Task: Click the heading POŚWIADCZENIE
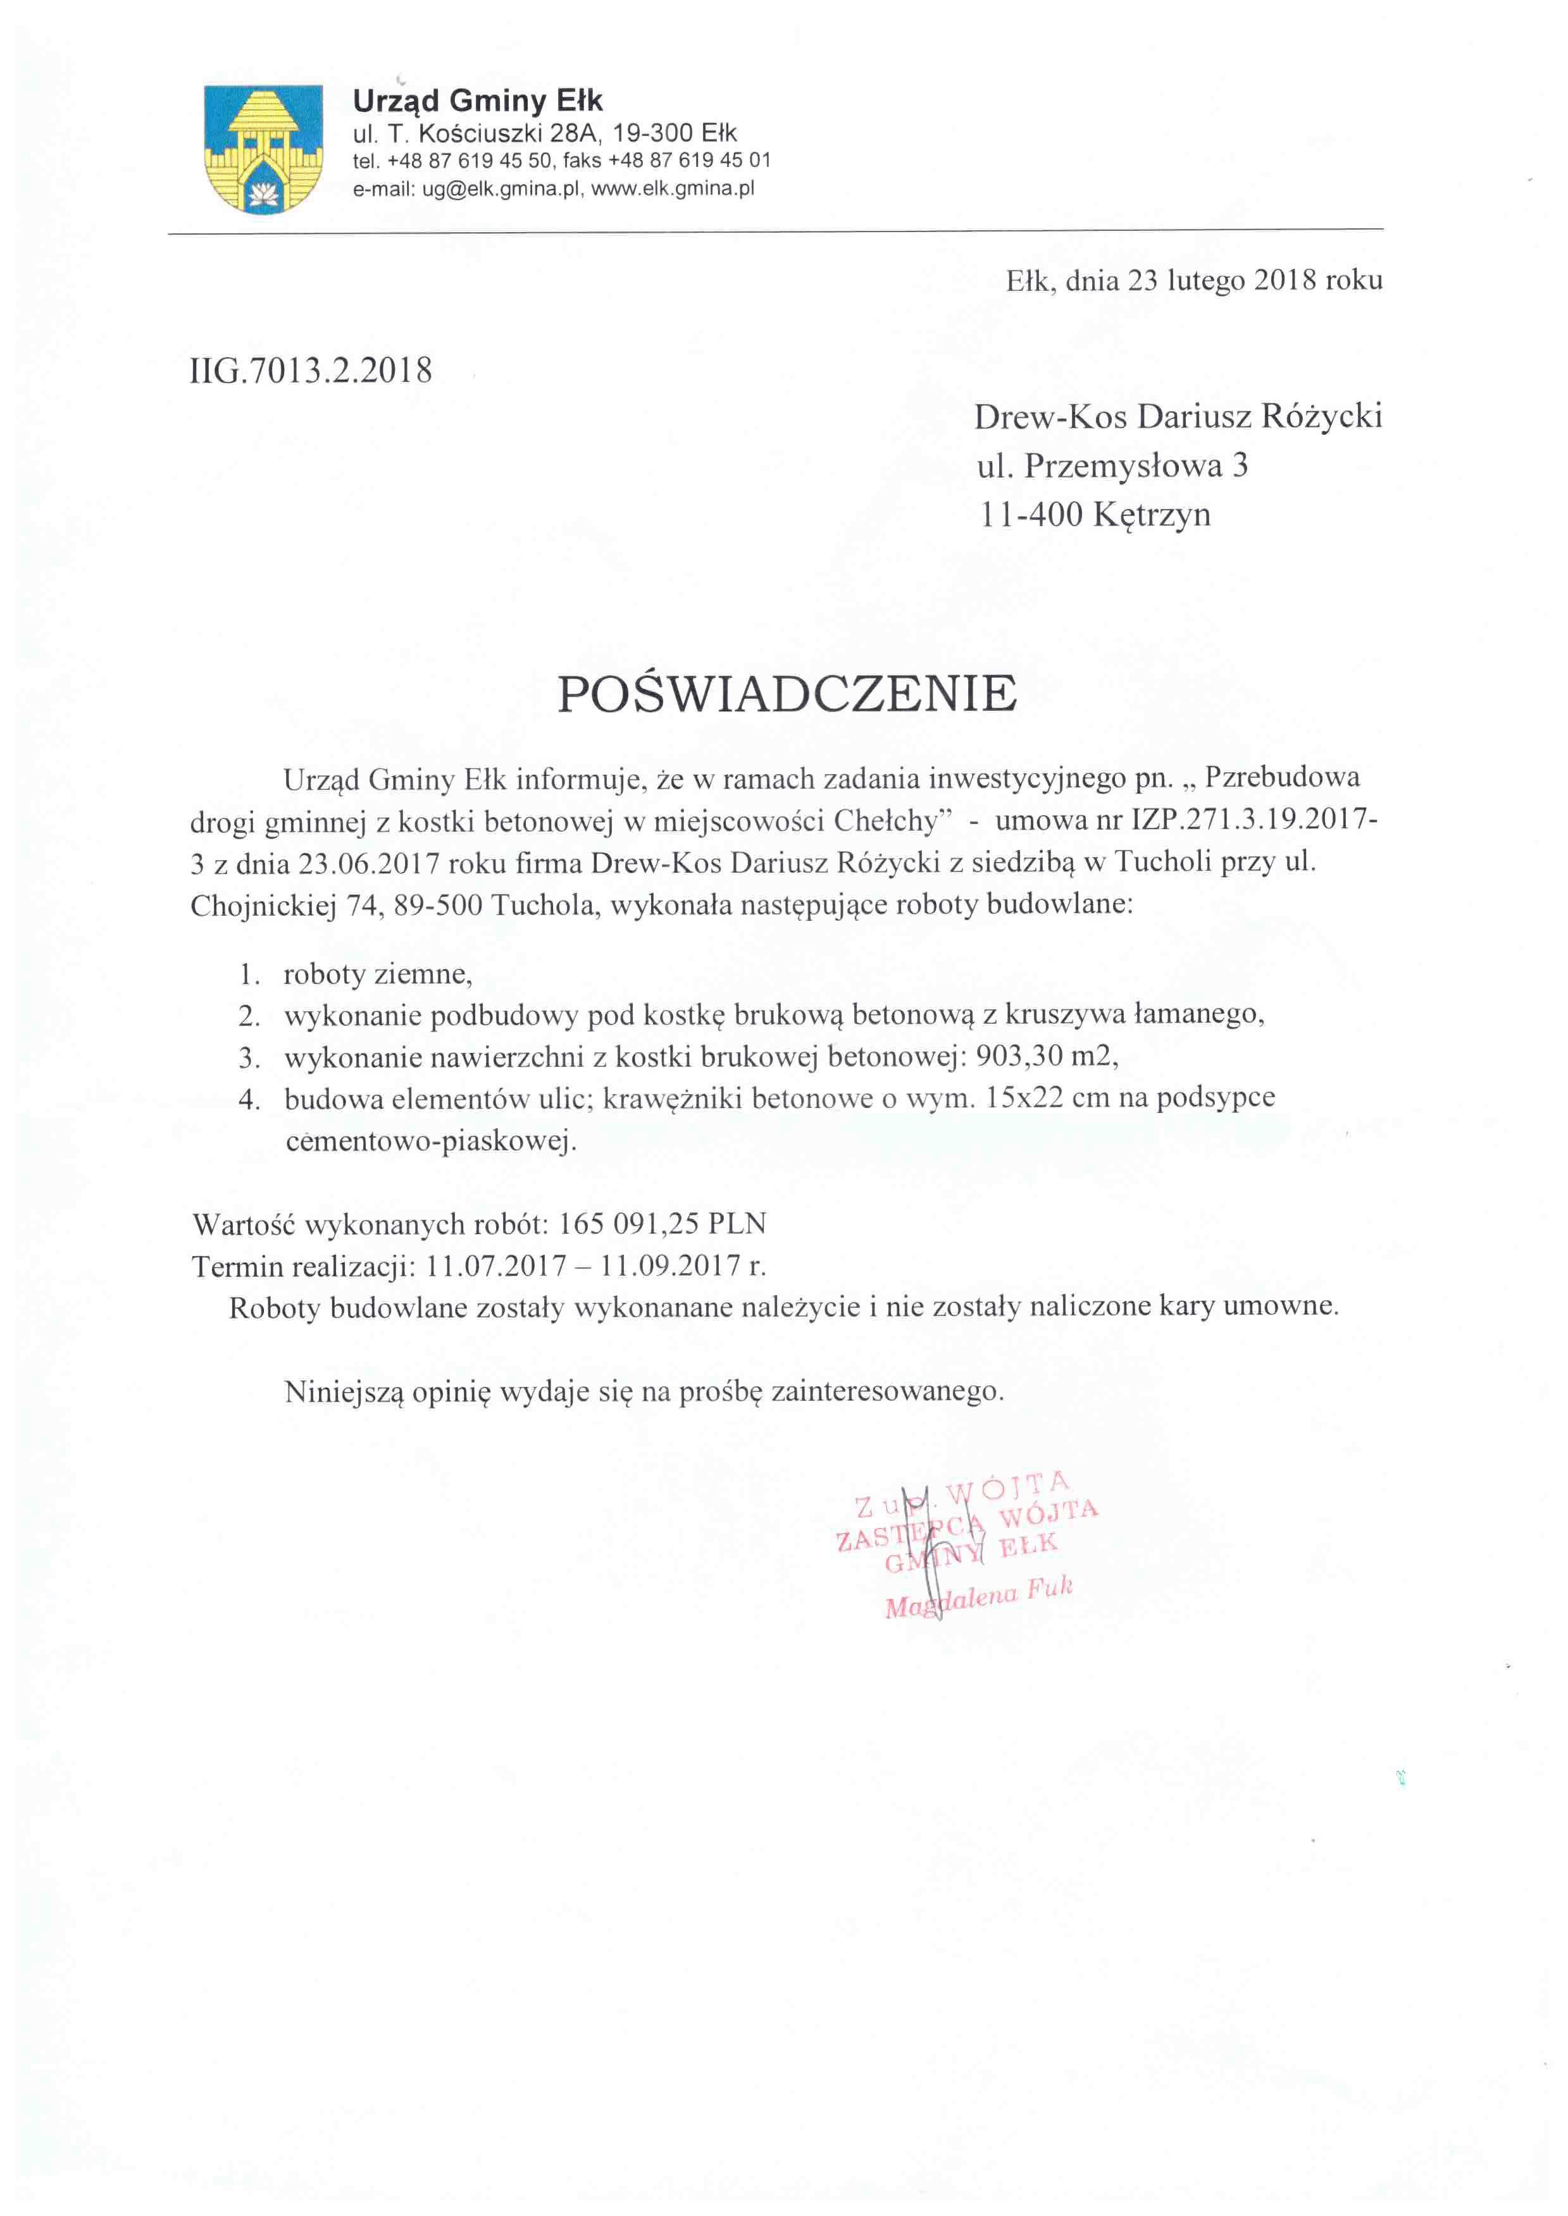tap(787, 694)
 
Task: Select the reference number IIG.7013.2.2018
tap(311, 371)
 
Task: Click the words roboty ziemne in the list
tap(376, 974)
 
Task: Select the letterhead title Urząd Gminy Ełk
tap(478, 101)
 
